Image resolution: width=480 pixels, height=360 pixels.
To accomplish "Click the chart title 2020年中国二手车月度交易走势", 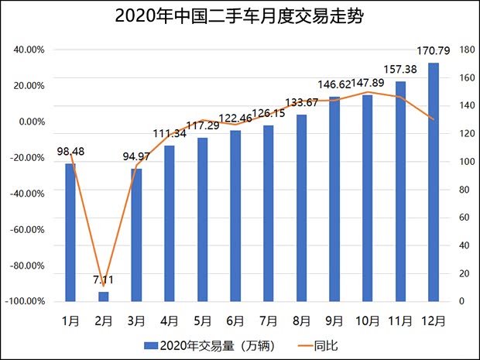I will pos(239,16).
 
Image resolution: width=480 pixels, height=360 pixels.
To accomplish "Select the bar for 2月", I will pos(104,297).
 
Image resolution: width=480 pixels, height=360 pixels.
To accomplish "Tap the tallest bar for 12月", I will pos(434,182).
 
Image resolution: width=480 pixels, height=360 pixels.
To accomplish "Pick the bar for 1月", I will pos(70,232).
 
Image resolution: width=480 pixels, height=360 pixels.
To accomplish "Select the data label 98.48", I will pos(70,151).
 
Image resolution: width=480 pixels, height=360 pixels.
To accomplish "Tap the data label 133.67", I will pos(302,102).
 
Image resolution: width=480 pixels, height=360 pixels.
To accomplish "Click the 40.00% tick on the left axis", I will pos(29,50).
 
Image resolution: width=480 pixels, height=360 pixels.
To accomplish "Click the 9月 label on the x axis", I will pos(334,319).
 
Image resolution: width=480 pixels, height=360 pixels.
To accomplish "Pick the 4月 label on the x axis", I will pos(170,319).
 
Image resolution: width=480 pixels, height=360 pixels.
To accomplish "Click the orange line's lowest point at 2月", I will pos(104,286).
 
